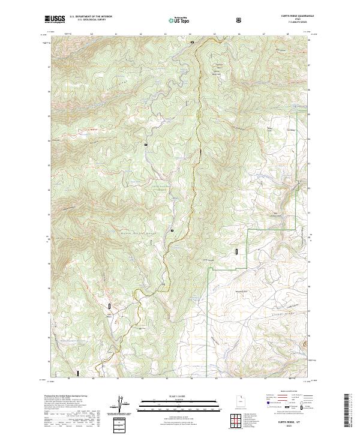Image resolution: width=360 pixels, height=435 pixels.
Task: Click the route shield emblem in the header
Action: pos(241,20)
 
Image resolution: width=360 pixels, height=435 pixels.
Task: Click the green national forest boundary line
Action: pos(208,300)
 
